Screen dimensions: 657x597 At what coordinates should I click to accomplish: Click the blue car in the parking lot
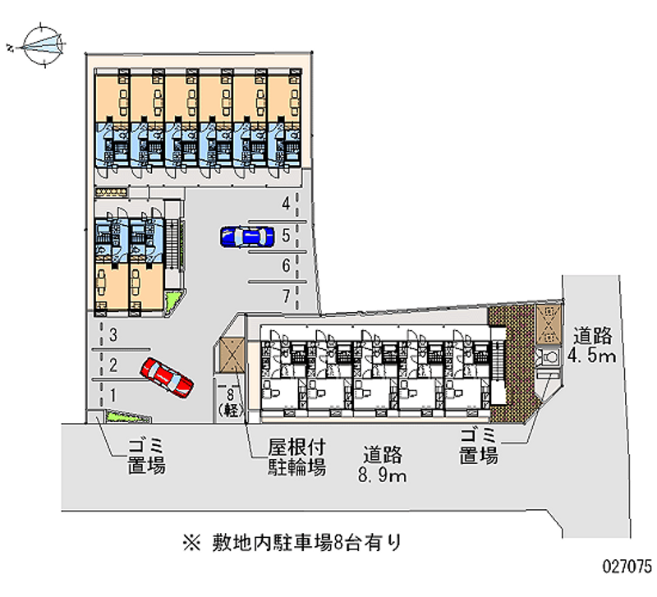coord(247,237)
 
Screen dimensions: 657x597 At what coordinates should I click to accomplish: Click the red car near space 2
coord(167,377)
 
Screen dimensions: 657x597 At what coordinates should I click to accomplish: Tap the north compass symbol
coord(42,45)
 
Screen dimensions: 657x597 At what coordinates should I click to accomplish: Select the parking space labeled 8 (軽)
coord(230,402)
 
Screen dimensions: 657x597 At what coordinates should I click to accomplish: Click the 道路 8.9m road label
coord(382,465)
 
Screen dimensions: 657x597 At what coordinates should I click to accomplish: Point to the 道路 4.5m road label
coord(592,345)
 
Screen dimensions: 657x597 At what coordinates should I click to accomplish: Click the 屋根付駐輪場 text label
coord(296,457)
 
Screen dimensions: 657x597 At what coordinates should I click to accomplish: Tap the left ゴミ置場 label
coord(147,457)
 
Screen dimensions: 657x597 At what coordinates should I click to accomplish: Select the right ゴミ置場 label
coord(479,446)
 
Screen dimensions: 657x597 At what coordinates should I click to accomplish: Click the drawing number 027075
coord(627,567)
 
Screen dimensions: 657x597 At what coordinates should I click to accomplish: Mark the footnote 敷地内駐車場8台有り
coord(292,543)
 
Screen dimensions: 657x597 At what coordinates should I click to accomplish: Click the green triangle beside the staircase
coord(172,301)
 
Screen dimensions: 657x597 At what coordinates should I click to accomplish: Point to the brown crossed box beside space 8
coord(232,356)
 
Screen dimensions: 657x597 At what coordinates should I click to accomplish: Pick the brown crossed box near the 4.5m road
coord(548,324)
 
